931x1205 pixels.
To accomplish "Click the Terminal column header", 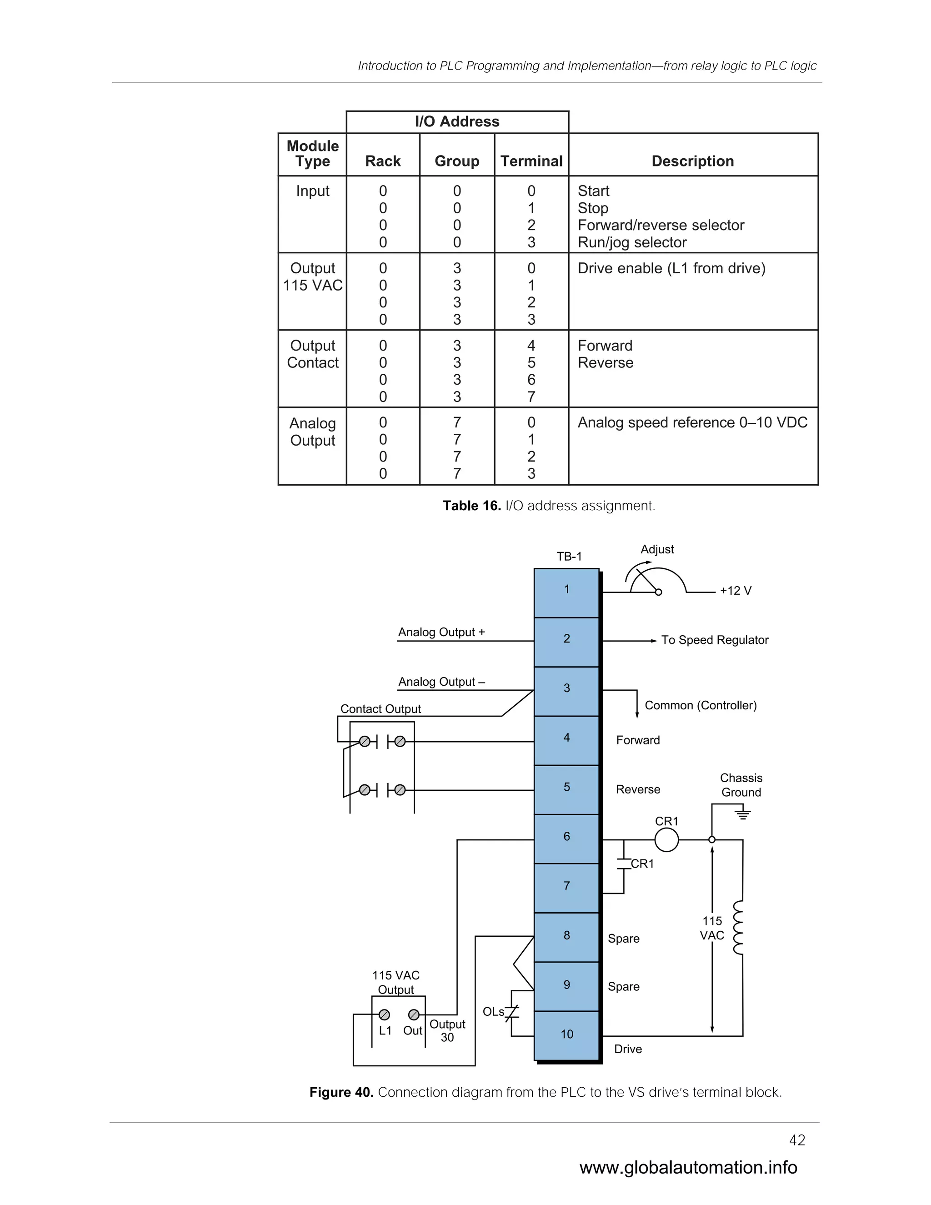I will pos(531,161).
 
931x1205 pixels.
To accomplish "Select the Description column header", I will pos(692,161).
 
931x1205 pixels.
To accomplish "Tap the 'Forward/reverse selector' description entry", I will pos(660,225).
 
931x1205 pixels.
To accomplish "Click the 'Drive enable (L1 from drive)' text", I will pos(671,268).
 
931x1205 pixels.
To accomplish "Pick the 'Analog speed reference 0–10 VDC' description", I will pos(692,422).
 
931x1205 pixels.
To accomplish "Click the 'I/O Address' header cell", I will pos(457,121).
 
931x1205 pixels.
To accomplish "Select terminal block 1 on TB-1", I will pos(566,590).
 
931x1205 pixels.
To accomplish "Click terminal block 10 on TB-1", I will pos(566,1034).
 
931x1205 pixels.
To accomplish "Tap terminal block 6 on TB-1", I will pos(566,837).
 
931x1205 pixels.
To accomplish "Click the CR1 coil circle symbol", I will pos(666,840).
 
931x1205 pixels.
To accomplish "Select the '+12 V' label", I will pos(735,591).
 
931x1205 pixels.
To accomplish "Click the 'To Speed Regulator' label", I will pos(714,640).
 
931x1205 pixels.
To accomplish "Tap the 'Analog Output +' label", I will pos(441,633).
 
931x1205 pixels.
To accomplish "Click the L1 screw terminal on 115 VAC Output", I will pos(385,1014).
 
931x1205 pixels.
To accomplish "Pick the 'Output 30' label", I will pos(447,1030).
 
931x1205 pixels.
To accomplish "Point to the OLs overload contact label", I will pos(493,1011).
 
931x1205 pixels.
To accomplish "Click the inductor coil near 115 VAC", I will pos(737,928).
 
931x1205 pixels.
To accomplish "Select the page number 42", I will pos(797,1140).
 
